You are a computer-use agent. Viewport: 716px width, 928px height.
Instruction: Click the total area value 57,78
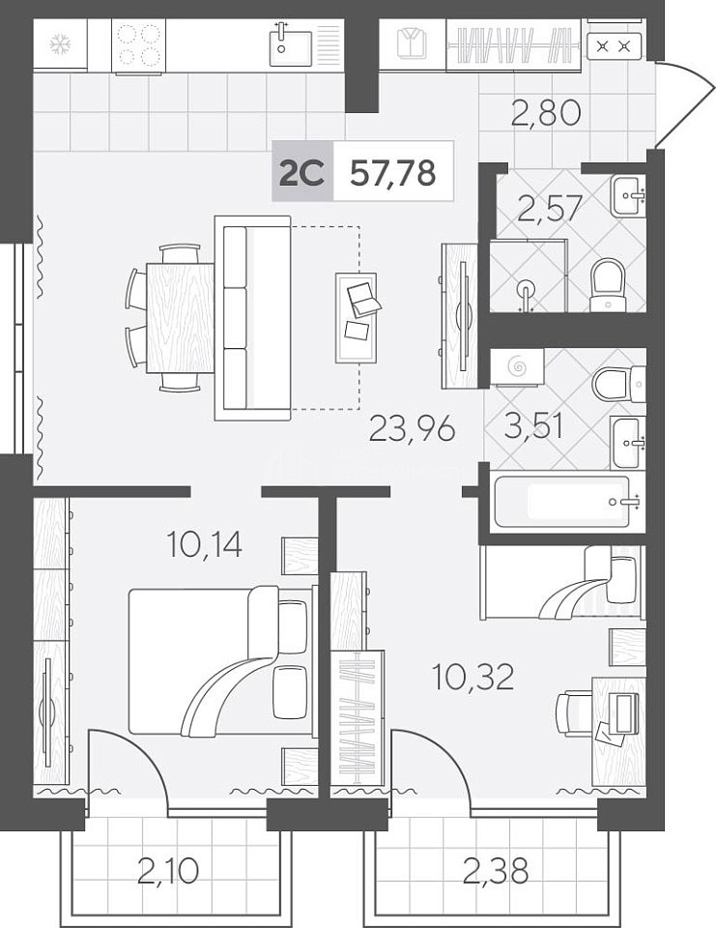tap(393, 173)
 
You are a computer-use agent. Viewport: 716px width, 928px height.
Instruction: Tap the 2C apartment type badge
tap(302, 172)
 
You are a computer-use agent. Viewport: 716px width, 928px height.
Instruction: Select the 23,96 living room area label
tap(412, 428)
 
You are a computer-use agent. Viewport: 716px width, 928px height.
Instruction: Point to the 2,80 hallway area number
tap(546, 113)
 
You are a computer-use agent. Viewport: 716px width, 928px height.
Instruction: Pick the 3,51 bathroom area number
tap(533, 425)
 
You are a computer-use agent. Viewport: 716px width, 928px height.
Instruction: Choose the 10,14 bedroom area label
tap(204, 544)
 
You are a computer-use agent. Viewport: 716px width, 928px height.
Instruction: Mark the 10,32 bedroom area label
tap(473, 677)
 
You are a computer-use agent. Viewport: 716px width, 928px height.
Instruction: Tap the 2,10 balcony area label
tap(167, 871)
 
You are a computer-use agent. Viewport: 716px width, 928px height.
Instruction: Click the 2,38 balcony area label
tap(496, 871)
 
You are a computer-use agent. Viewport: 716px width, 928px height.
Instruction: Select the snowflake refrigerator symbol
tap(59, 43)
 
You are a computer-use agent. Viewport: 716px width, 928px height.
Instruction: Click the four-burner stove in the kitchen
tap(139, 45)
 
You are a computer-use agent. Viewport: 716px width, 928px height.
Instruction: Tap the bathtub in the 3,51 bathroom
tap(562, 502)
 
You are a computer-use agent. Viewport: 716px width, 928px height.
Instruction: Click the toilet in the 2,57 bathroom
tap(608, 284)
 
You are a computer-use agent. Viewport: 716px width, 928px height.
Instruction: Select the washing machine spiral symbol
tap(517, 367)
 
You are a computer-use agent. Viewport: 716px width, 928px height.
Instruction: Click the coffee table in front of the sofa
tap(356, 318)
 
